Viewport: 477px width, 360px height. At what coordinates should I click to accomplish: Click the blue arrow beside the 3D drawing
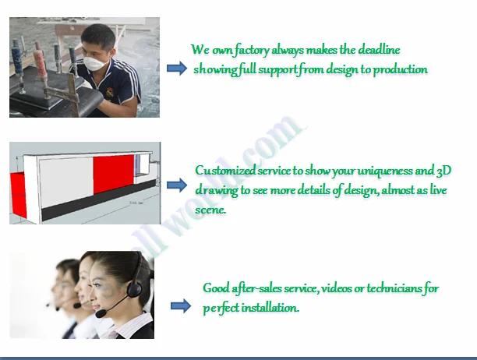177,185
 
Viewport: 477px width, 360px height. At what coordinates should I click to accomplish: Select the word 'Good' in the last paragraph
216,288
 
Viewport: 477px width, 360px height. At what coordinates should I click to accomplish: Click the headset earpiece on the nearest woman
133,289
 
